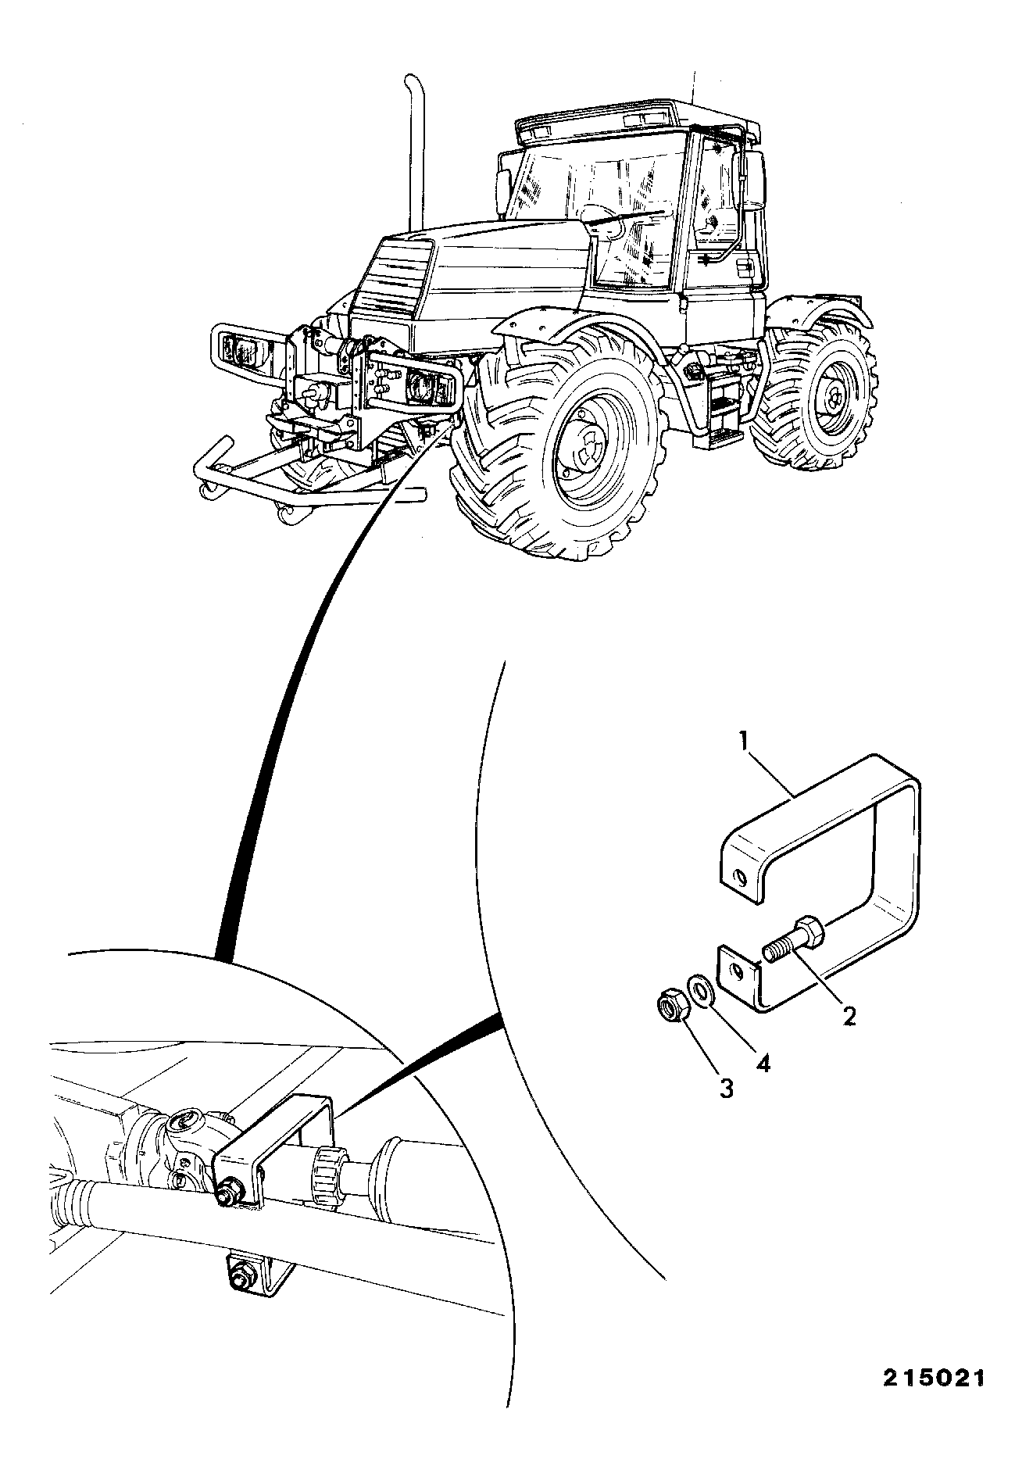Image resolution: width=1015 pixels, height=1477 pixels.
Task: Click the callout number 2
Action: [x=848, y=1017]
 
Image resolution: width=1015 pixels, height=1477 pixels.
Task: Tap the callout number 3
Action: [x=726, y=1087]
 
